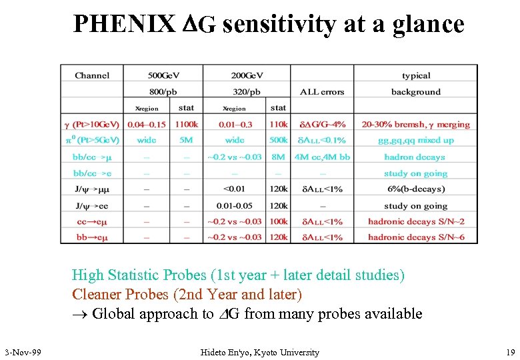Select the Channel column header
(92, 75)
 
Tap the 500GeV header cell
(164, 75)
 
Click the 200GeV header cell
(247, 75)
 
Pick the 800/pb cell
(164, 92)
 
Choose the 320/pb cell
(247, 92)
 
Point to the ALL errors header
(322, 92)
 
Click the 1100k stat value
(187, 124)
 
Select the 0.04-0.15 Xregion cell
(147, 124)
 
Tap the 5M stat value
(187, 140)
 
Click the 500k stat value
(279, 140)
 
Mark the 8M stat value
(279, 157)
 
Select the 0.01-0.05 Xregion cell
(235, 206)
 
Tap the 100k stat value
(279, 221)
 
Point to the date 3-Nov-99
(23, 352)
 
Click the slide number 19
(510, 352)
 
